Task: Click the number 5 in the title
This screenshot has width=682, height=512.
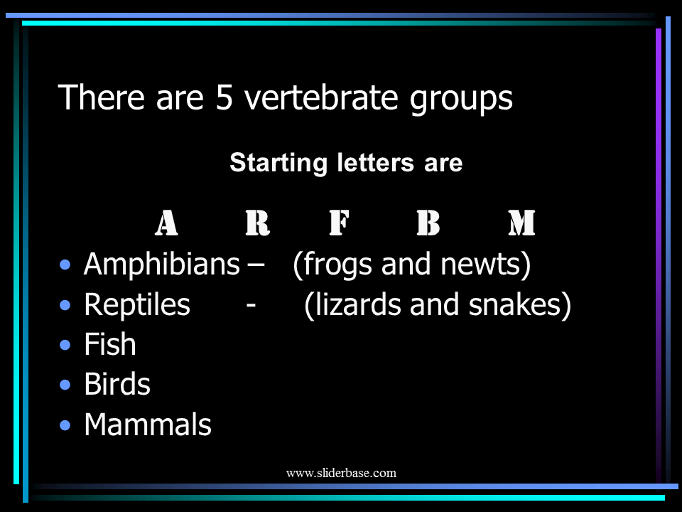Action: click(x=224, y=98)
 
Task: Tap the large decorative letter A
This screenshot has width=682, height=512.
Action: click(x=166, y=224)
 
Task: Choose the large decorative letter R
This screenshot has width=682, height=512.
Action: click(x=257, y=224)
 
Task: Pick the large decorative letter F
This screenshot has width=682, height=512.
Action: click(x=340, y=224)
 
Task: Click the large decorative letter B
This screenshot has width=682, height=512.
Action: click(x=428, y=224)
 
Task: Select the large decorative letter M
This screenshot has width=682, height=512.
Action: click(x=521, y=224)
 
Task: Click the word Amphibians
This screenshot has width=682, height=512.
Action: click(x=161, y=265)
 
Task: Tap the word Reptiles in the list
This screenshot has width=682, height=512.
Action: click(x=137, y=305)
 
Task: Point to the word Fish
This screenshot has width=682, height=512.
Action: click(x=109, y=345)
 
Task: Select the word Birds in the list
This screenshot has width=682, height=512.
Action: click(x=117, y=385)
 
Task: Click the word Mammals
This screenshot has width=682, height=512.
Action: click(x=148, y=425)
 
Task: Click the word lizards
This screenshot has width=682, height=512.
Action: click(x=354, y=305)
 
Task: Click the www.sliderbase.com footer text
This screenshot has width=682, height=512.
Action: click(x=341, y=473)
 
